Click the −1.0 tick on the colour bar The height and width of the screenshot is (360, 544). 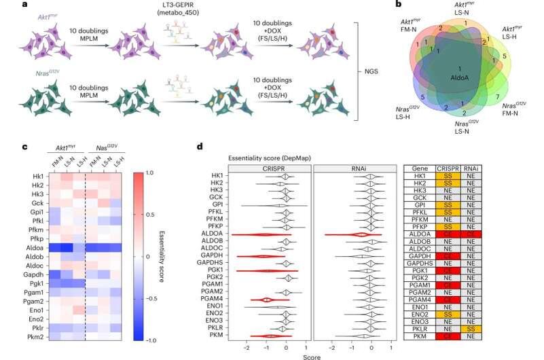[168, 340]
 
